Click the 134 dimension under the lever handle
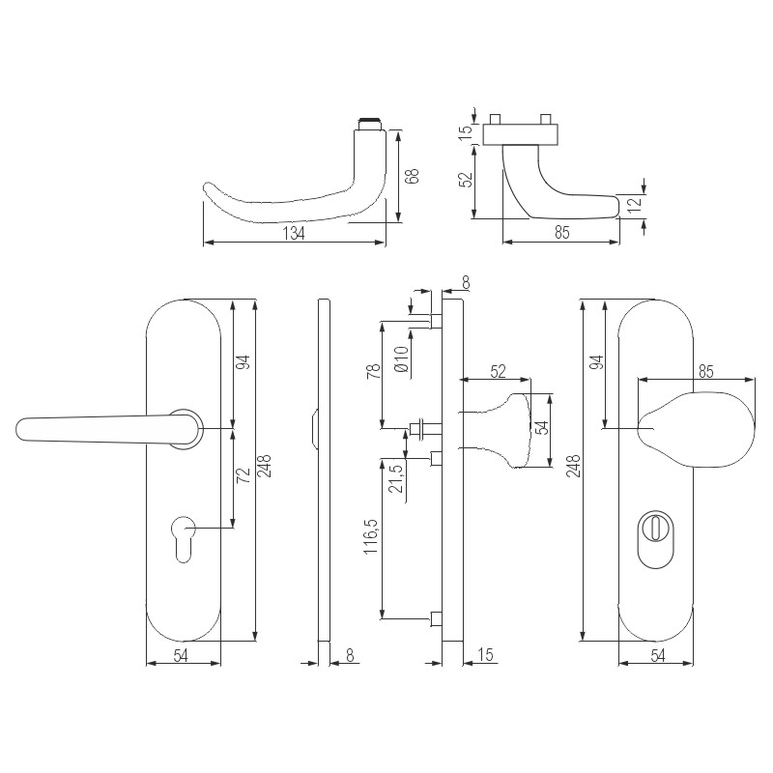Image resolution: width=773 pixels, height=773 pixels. pyautogui.click(x=294, y=233)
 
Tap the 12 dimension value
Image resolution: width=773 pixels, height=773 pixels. pyautogui.click(x=636, y=203)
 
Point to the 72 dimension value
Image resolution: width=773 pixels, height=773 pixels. pyautogui.click(x=243, y=475)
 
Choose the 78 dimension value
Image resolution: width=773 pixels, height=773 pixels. pyautogui.click(x=374, y=371)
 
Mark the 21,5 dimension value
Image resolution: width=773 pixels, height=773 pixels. pyautogui.click(x=396, y=477)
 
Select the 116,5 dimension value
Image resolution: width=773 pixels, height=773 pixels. pyautogui.click(x=371, y=536)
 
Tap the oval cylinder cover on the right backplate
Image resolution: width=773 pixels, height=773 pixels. pyautogui.click(x=655, y=538)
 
